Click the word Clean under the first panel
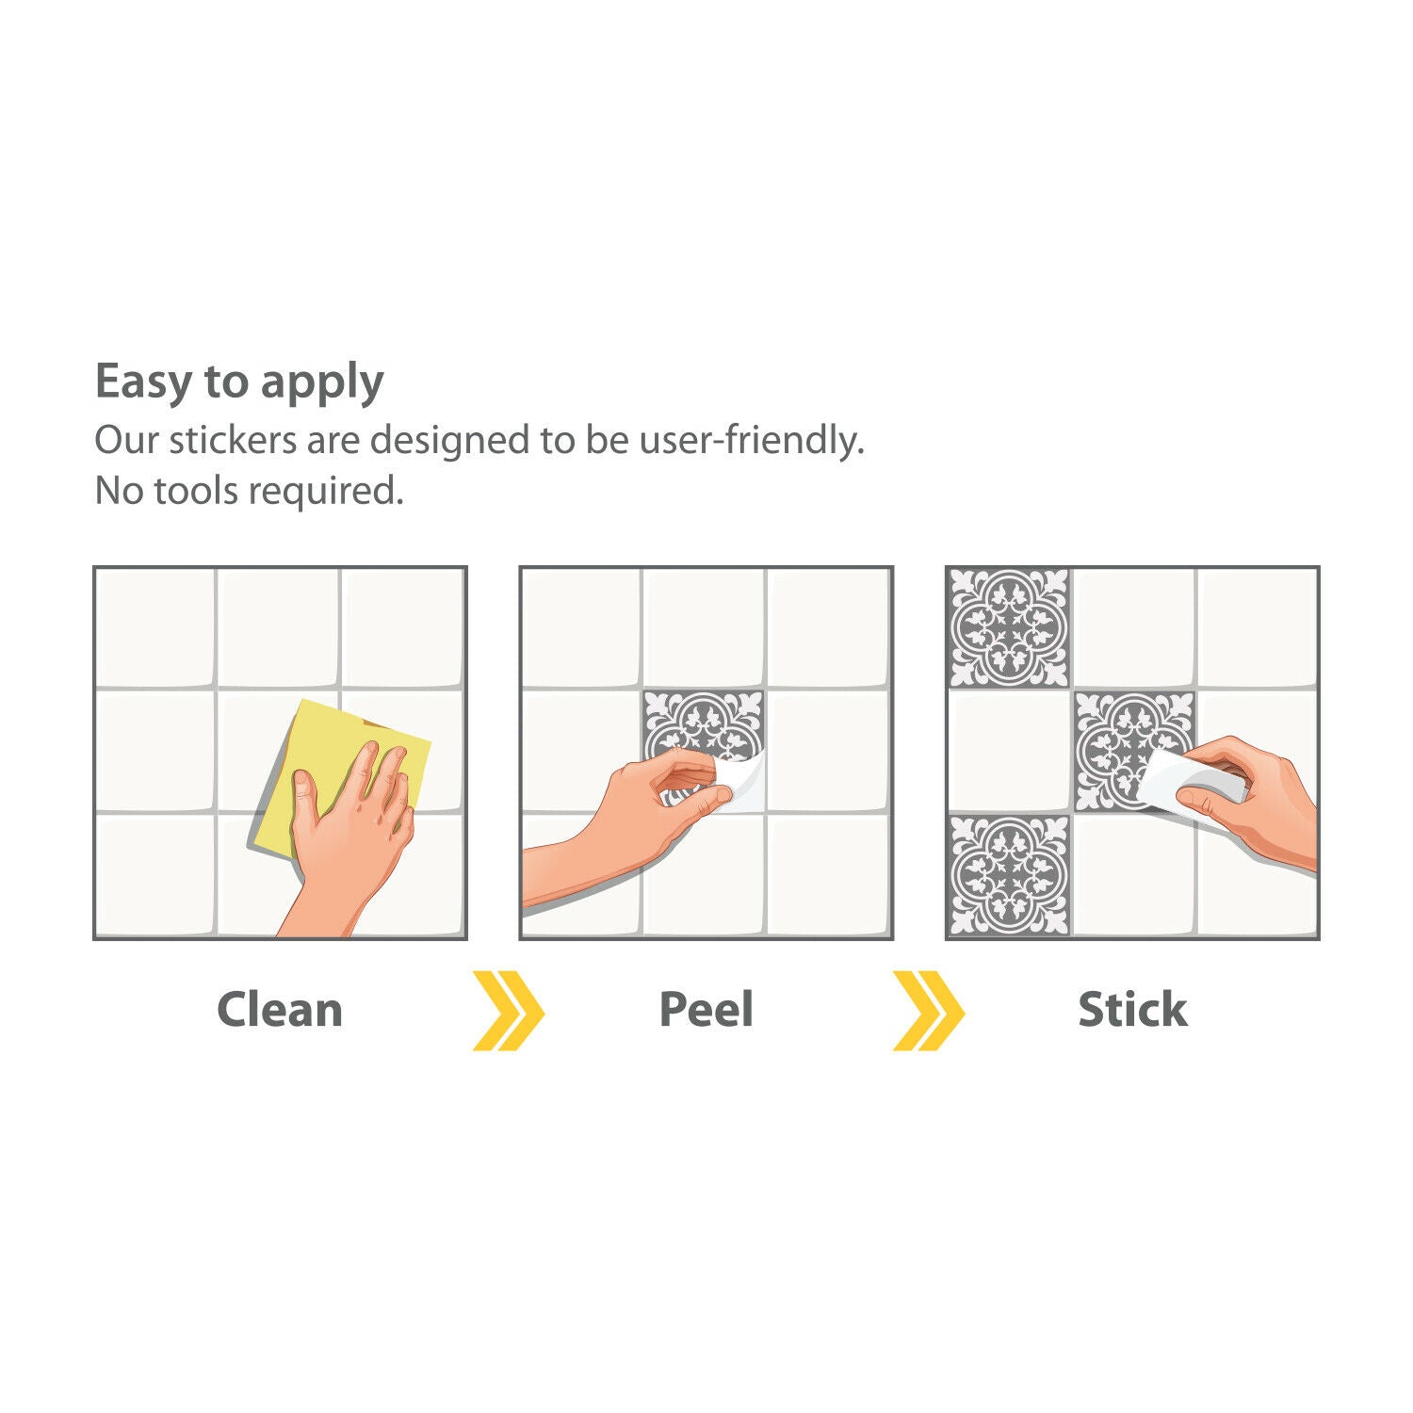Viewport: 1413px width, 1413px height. coord(280,1010)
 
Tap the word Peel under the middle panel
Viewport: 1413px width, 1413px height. coord(706,1010)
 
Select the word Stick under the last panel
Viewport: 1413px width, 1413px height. coord(1132,1010)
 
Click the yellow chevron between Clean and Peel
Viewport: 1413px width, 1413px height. coord(509,1011)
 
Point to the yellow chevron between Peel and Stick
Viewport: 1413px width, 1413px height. coord(929,1011)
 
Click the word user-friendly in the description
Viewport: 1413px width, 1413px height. coord(752,440)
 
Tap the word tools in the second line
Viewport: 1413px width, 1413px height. coord(196,491)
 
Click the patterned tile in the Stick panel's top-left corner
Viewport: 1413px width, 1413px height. coord(1009,627)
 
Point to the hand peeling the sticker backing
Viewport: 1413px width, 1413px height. coord(631,820)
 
